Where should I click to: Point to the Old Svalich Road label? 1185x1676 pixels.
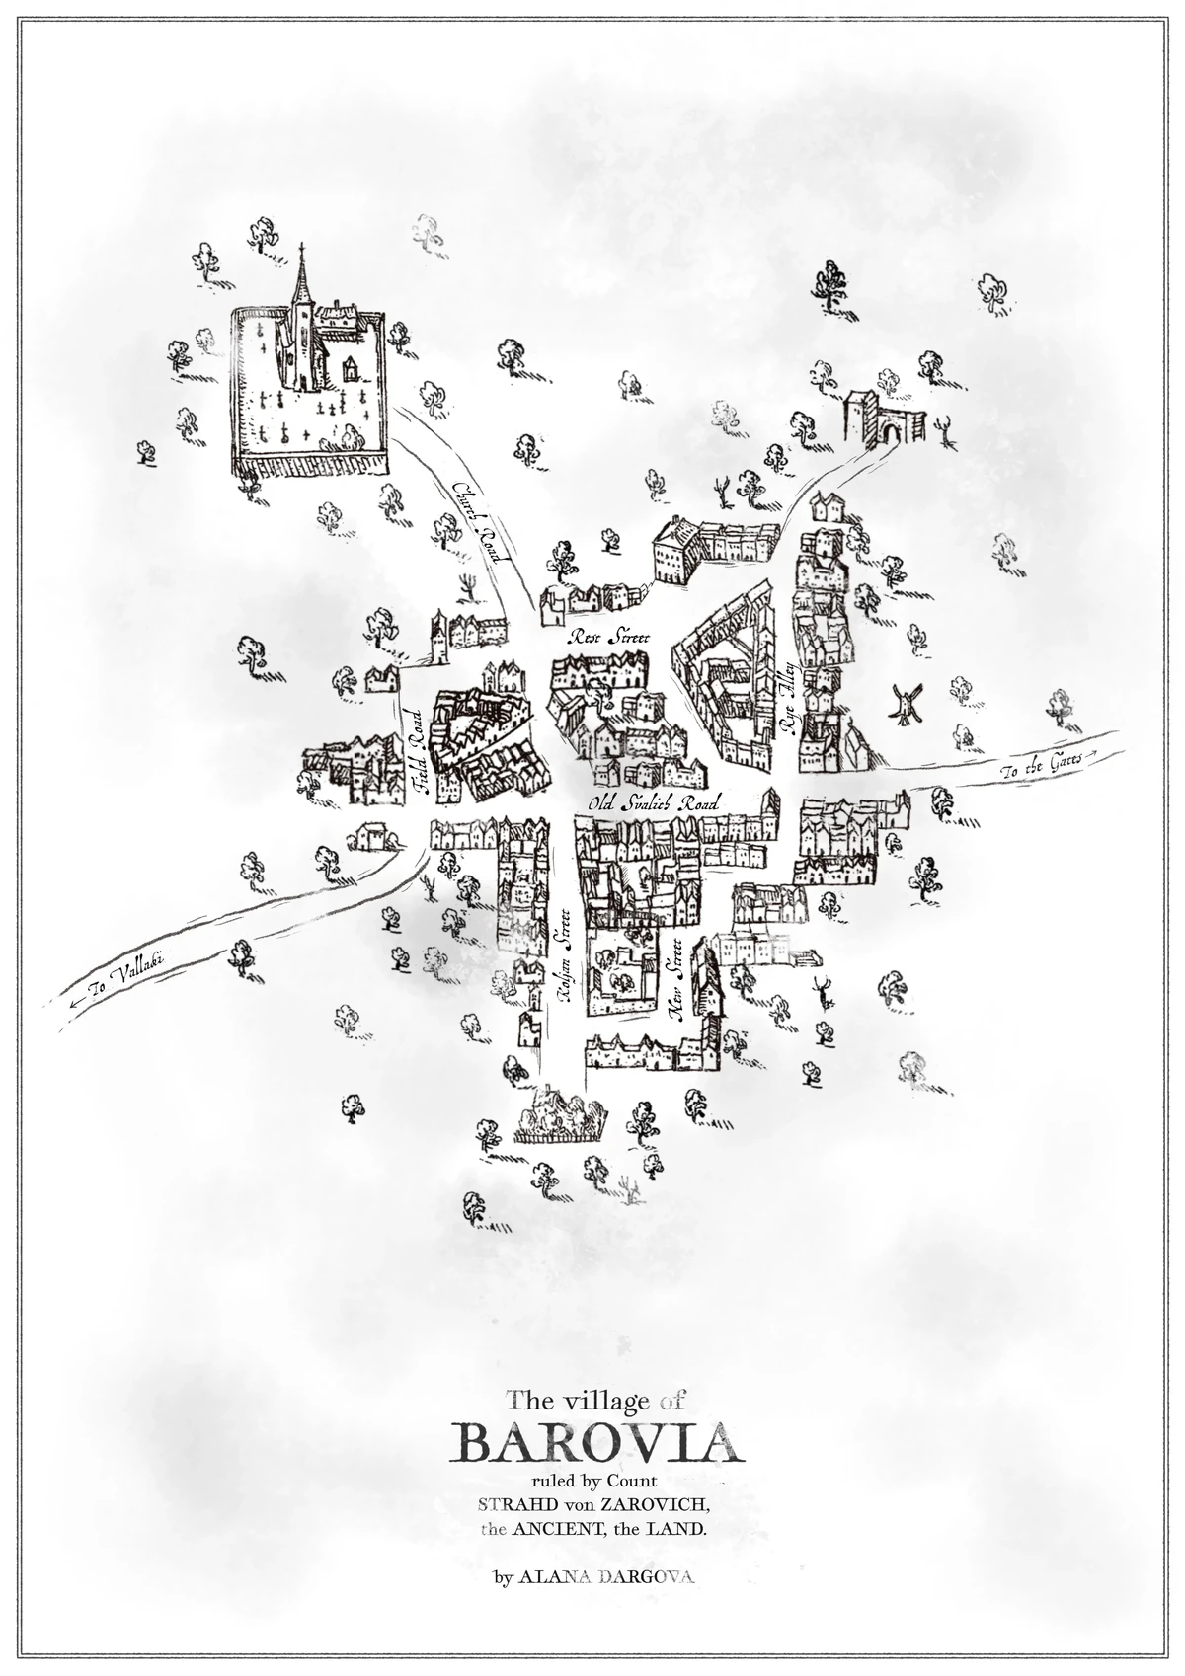652,803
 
